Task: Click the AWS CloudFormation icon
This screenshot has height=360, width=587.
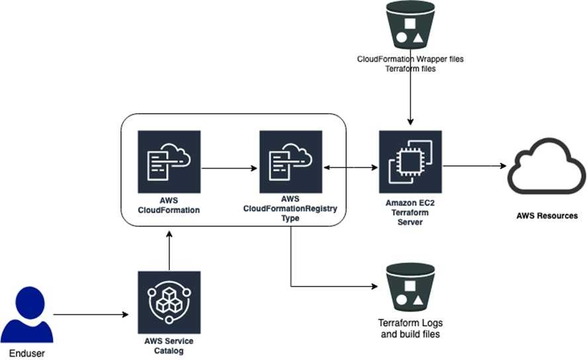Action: (169, 161)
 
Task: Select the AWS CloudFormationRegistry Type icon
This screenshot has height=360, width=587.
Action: (291, 161)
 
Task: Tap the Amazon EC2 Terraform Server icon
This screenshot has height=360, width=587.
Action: (410, 161)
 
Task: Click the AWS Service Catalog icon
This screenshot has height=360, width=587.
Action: (169, 301)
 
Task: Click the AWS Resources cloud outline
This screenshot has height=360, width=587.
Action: (546, 167)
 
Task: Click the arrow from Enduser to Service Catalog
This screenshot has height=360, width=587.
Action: (91, 314)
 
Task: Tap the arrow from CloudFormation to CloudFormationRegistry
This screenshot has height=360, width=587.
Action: (229, 168)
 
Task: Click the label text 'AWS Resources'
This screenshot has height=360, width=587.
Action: (547, 216)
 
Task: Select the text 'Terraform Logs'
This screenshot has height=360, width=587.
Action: (410, 323)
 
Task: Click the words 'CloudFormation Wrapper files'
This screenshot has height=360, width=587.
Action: (410, 59)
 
